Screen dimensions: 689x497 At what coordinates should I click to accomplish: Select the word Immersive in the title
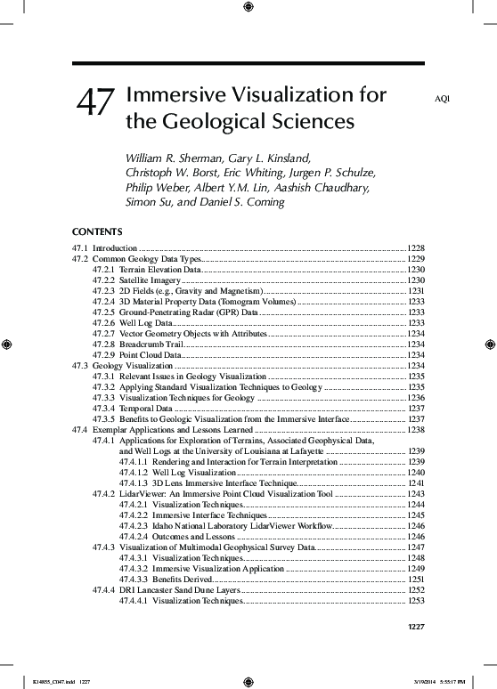[x=179, y=94]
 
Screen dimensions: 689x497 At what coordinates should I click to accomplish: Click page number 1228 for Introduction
[x=416, y=247]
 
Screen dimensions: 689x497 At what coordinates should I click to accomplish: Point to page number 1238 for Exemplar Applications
[x=416, y=430]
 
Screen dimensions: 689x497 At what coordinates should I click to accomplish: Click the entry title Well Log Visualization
[x=194, y=472]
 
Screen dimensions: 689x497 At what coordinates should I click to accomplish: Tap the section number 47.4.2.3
[x=132, y=526]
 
